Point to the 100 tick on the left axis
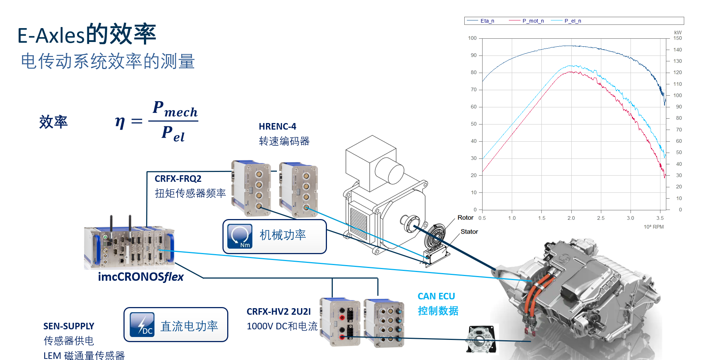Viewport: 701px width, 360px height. coord(472,38)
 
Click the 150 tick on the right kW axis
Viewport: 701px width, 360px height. coord(678,38)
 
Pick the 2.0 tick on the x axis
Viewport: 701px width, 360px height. coord(571,218)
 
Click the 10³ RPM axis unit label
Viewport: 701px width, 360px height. coord(654,227)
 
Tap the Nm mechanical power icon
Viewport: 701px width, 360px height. coord(240,236)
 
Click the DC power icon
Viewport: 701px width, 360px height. coord(142,325)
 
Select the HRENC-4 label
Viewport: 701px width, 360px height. coord(277,126)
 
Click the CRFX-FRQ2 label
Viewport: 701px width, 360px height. coord(178,179)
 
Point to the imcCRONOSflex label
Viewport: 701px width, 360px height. coord(141,277)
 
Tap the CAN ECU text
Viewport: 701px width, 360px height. coord(436,296)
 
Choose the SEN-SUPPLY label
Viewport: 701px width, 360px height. coord(69,326)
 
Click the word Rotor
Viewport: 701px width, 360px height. coord(465,218)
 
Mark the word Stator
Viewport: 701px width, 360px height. coord(469,231)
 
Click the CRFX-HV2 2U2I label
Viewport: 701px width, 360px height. coord(278,311)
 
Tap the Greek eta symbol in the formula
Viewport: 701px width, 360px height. coord(120,122)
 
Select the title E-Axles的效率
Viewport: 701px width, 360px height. coord(87,34)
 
